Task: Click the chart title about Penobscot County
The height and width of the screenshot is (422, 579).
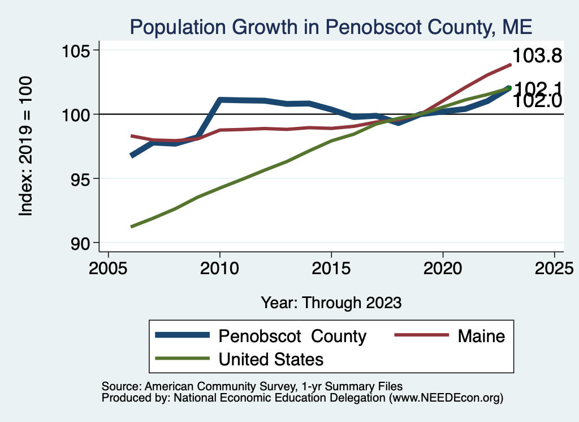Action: coord(331,27)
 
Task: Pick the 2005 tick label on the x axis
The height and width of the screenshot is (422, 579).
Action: coord(108,268)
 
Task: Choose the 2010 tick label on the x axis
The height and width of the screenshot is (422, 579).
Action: coord(219,268)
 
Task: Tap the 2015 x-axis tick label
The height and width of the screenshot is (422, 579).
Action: coord(331,268)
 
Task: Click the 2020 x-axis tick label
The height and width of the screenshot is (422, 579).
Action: coord(442,268)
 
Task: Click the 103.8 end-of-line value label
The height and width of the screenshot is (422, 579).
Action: coord(537,56)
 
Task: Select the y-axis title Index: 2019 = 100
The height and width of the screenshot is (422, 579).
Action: coord(26,146)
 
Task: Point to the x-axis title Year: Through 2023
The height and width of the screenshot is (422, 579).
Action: coord(331,302)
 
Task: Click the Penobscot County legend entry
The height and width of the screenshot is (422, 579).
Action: coord(292,336)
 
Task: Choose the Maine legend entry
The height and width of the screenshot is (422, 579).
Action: coord(481,336)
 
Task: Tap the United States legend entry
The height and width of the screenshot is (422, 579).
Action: coord(271,359)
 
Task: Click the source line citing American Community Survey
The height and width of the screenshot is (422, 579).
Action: coord(252,386)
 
